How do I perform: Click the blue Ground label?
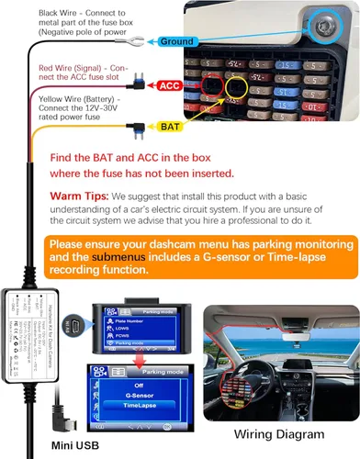tap(176, 42)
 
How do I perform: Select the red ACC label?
tap(169, 86)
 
